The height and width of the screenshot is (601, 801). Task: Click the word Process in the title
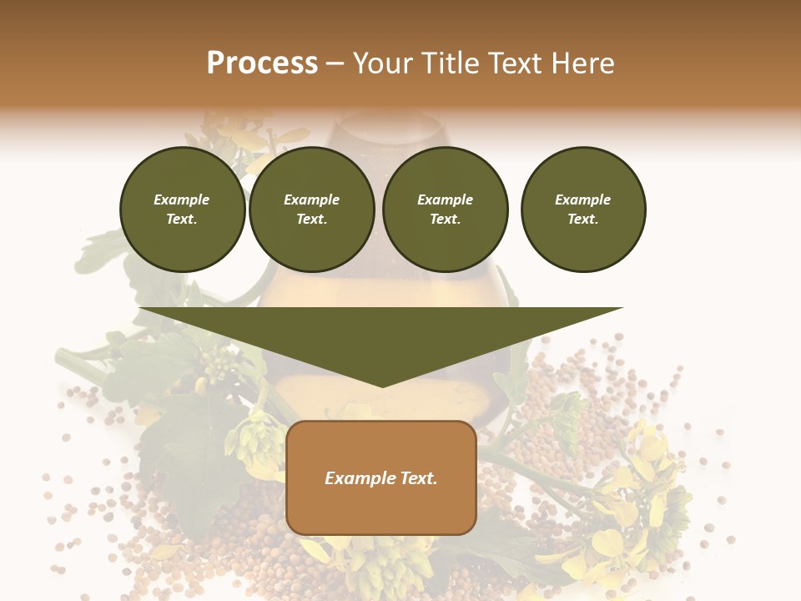tap(262, 63)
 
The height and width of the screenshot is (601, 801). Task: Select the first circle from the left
tap(183, 210)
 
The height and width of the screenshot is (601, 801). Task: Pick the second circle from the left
tap(312, 210)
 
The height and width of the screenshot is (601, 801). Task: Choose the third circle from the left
tap(446, 210)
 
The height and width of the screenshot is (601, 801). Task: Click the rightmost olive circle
tap(583, 210)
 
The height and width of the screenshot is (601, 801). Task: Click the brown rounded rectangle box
tap(381, 477)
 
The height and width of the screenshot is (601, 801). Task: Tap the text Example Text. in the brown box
tap(381, 478)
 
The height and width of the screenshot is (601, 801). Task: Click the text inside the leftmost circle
tap(182, 210)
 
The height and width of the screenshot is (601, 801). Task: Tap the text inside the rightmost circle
tap(583, 210)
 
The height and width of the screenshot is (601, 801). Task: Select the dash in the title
tap(335, 64)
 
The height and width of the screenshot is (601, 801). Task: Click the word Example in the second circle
tap(312, 199)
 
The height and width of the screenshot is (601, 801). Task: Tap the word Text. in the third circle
tap(446, 220)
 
